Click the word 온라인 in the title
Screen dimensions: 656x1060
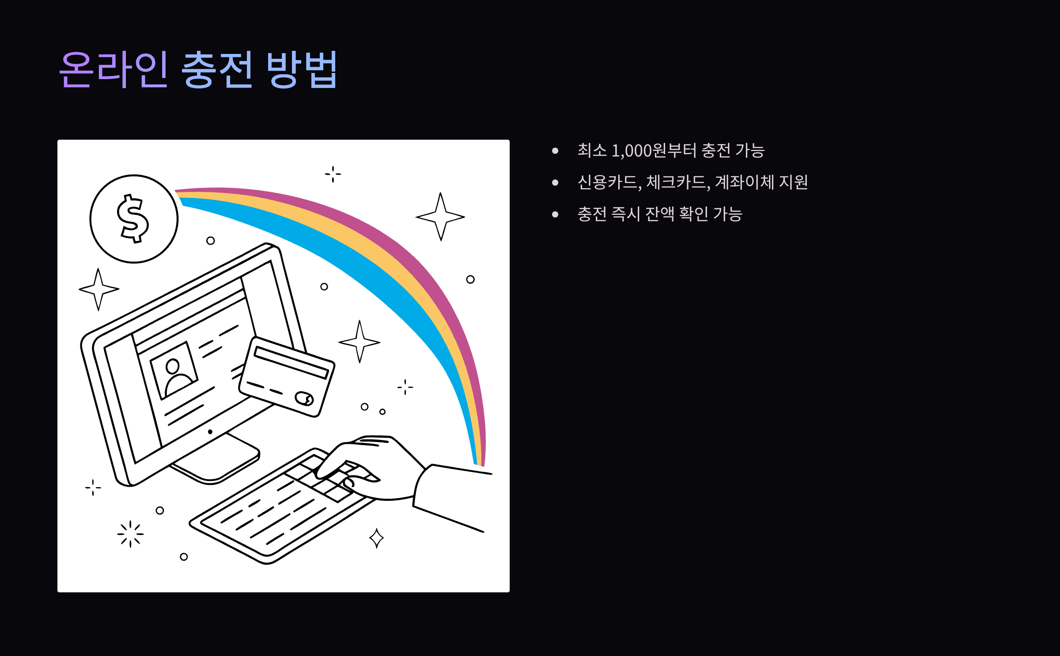pyautogui.click(x=114, y=69)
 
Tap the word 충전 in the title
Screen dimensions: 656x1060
pyautogui.click(x=216, y=69)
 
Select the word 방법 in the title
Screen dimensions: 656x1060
pyautogui.click(x=302, y=69)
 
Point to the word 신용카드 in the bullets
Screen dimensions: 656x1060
pyautogui.click(x=607, y=182)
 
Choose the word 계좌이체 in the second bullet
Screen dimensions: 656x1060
pyautogui.click(x=744, y=182)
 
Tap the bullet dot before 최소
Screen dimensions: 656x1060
pyautogui.click(x=555, y=151)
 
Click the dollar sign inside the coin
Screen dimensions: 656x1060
pyautogui.click(x=133, y=219)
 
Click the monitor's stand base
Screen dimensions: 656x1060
pyautogui.click(x=216, y=464)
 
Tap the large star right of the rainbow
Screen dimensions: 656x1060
pyautogui.click(x=440, y=217)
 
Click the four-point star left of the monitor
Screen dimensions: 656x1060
pyautogui.click(x=98, y=289)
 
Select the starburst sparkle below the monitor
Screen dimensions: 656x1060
pyautogui.click(x=130, y=534)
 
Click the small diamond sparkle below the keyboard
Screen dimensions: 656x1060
pyautogui.click(x=376, y=538)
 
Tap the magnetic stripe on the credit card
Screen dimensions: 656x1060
pyautogui.click(x=291, y=363)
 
